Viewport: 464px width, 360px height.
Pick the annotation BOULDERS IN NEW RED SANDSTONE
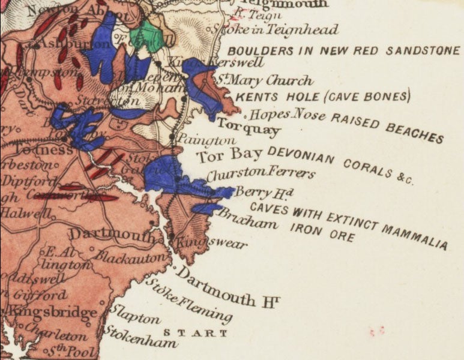(343, 51)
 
